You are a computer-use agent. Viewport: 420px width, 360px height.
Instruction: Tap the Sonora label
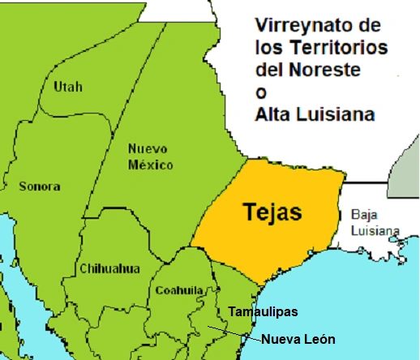point(39,186)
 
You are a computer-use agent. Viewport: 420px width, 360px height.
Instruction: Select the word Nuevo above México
point(149,149)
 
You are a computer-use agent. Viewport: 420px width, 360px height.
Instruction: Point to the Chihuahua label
point(109,268)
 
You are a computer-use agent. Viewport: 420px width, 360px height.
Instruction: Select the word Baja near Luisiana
point(363,215)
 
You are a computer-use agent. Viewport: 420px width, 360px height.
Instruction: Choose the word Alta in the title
point(276,114)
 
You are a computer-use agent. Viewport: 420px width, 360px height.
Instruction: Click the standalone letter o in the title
point(261,92)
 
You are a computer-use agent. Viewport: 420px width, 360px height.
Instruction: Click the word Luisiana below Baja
point(375,230)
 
